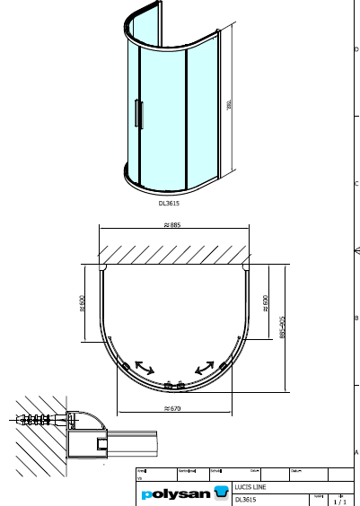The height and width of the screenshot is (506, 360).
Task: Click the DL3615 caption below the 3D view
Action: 169,203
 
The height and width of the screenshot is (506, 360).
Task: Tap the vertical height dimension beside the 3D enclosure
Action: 229,105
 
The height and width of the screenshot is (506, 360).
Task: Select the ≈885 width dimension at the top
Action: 172,224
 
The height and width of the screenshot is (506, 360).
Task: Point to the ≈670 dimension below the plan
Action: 172,409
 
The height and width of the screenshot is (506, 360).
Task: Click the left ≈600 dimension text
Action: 82,304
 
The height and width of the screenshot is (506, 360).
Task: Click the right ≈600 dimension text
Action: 266,304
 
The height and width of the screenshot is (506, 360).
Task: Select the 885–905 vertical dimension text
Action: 282,327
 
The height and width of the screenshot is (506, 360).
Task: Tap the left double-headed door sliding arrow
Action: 143,367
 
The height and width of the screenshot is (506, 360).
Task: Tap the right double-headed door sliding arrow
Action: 205,367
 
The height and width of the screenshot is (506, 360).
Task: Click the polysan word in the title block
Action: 174,494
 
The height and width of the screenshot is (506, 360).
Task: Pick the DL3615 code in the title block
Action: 245,500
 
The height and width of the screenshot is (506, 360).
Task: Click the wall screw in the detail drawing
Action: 36,419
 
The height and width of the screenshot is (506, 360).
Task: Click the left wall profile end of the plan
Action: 105,267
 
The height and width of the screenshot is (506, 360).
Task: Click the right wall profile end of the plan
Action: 244,267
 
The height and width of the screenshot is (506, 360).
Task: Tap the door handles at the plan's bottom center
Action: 174,386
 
